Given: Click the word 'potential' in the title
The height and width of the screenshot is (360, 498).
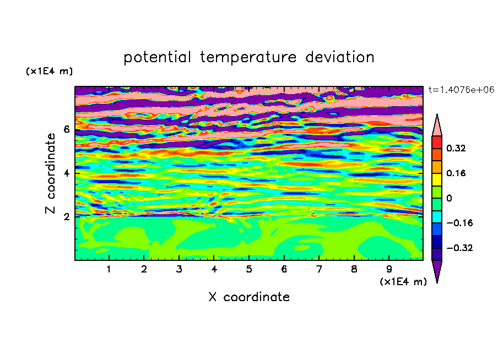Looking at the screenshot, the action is click(x=157, y=58).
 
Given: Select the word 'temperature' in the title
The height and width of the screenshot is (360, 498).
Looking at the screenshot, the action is click(x=248, y=57).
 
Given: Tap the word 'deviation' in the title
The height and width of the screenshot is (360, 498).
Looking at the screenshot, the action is click(x=340, y=57).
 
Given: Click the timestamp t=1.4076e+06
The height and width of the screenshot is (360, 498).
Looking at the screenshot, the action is click(x=461, y=90).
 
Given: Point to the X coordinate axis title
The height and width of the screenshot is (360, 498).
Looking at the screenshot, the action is click(x=249, y=297).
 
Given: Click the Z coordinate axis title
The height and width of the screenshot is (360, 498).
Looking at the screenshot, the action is click(x=50, y=173).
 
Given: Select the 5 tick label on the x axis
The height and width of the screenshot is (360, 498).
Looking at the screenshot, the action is click(x=249, y=269).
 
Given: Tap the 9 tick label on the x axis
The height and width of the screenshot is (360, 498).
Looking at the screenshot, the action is click(x=389, y=269).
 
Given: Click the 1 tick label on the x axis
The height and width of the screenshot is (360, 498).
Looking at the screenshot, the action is click(x=109, y=269).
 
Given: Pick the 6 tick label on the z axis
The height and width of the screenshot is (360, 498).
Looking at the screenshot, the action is click(x=66, y=129).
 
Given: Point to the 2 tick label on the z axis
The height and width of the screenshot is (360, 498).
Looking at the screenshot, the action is click(x=66, y=216).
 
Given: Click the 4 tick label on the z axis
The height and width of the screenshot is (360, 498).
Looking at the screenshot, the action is click(x=66, y=173).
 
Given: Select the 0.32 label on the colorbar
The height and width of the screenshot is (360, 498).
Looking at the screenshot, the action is click(x=456, y=148).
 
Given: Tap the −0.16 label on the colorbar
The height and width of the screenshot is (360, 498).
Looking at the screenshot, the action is click(x=459, y=223).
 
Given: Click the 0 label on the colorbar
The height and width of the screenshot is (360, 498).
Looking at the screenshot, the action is click(x=449, y=198).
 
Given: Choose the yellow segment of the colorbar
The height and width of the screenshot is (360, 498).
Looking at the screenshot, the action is click(x=437, y=179).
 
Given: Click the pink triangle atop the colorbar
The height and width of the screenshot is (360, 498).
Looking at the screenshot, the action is click(x=437, y=127).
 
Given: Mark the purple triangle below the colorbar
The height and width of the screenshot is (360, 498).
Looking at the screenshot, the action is click(x=437, y=270).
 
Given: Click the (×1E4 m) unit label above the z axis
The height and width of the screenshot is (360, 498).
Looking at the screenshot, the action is click(x=49, y=71).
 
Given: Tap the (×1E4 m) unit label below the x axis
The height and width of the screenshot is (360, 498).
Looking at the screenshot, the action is click(x=403, y=282).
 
